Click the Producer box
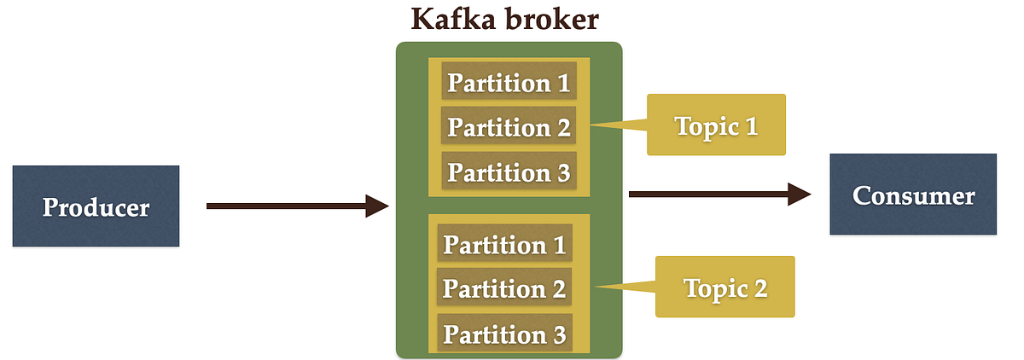(96, 206)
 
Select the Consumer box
(913, 195)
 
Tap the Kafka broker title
(504, 19)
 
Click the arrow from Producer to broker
(298, 206)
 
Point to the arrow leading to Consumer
(720, 195)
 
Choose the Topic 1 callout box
(716, 125)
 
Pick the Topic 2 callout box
(725, 287)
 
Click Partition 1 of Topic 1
(509, 81)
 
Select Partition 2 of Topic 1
(509, 125)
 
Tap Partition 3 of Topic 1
(509, 171)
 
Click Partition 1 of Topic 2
(504, 242)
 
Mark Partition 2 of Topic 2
(504, 287)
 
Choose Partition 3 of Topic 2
(504, 333)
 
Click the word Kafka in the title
(453, 19)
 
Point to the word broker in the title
(552, 19)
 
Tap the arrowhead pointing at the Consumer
(800, 195)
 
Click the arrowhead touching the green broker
(377, 206)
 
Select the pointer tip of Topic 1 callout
(591, 125)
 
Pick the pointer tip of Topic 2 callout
(596, 287)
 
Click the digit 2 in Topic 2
(760, 288)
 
